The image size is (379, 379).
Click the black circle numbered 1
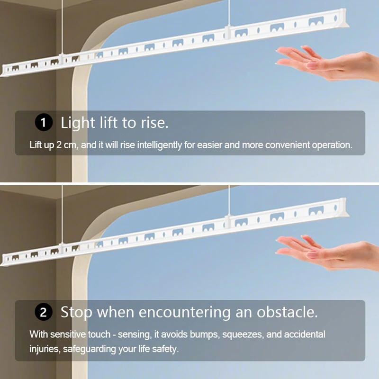[44, 122]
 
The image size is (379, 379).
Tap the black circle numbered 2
[44, 312]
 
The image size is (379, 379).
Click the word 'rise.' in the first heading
[155, 123]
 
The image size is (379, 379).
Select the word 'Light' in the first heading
[78, 123]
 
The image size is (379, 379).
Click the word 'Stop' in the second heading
[76, 313]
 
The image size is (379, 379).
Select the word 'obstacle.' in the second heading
[287, 312]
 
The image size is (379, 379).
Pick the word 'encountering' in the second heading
[184, 313]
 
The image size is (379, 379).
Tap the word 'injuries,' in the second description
[45, 349]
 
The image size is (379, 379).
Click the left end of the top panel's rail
[3, 72]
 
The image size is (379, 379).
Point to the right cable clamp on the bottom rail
[227, 221]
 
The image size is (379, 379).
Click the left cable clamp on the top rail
[62, 59]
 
